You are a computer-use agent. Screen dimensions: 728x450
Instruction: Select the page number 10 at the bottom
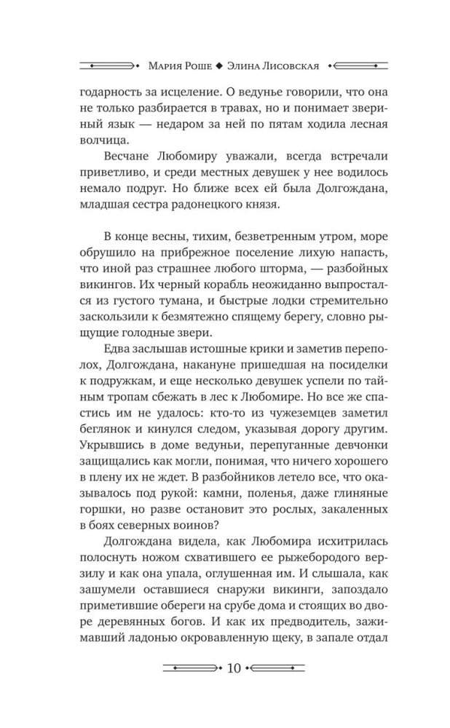[226, 668]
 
